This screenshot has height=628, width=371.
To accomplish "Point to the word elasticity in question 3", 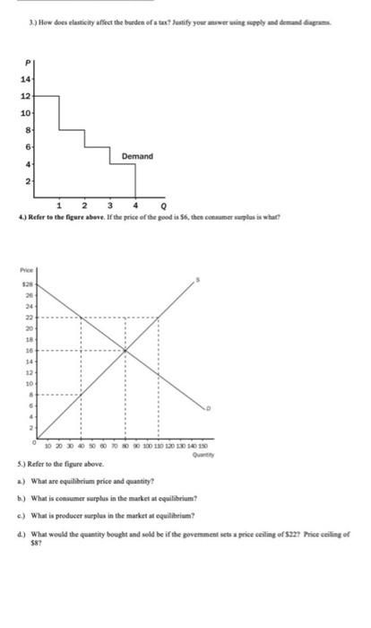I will coord(70,10).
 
